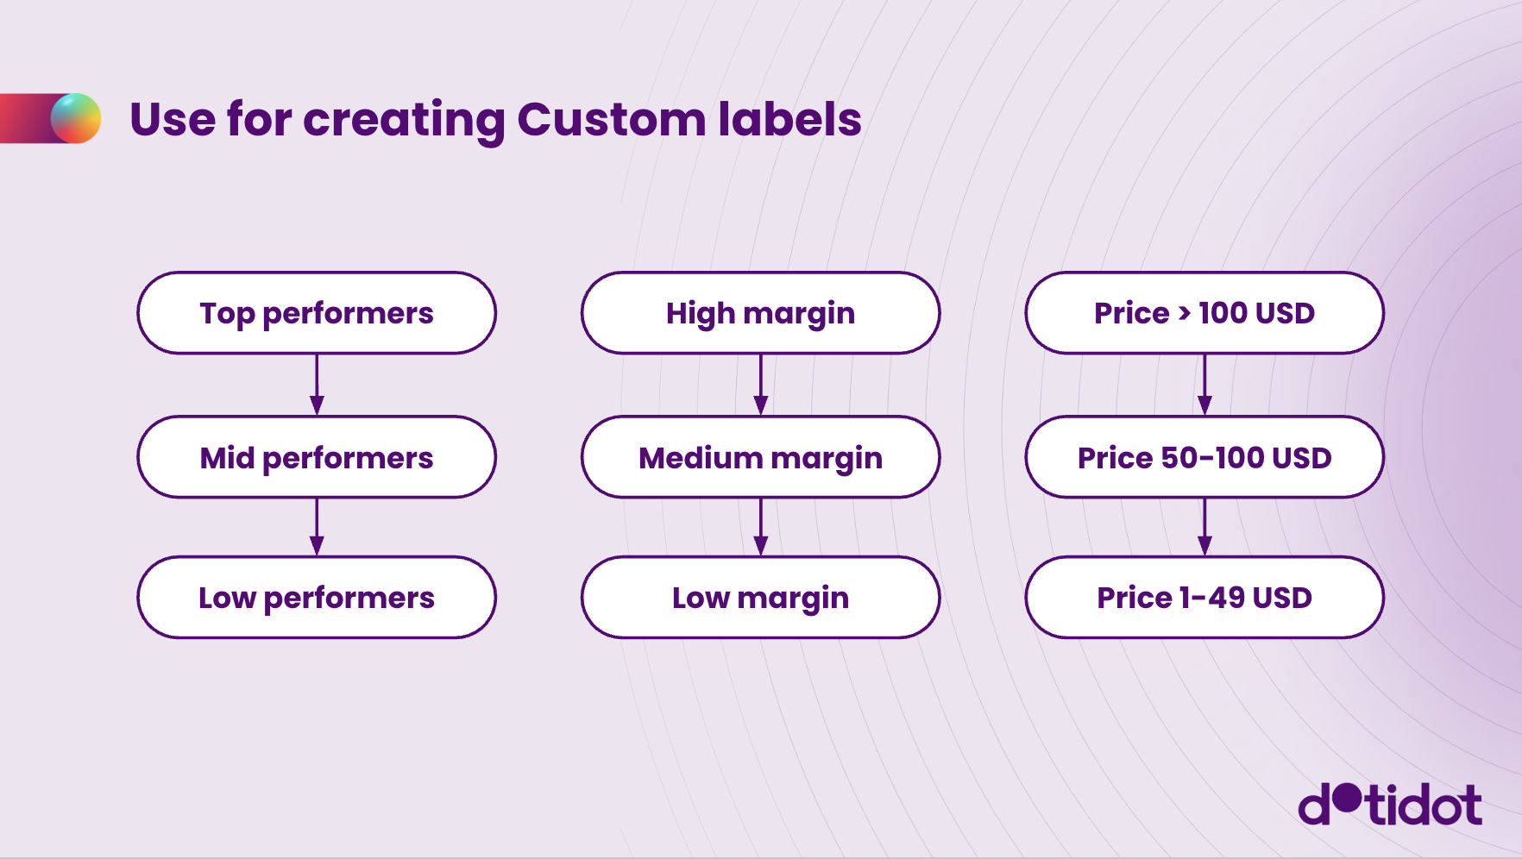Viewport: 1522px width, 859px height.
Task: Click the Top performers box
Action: tap(317, 313)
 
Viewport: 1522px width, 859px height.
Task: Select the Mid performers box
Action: tap(317, 457)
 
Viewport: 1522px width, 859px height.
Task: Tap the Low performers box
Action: tap(317, 597)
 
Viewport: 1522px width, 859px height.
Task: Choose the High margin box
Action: tap(760, 313)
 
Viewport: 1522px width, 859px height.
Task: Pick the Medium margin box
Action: tap(760, 457)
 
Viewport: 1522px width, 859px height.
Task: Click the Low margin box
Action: tap(760, 597)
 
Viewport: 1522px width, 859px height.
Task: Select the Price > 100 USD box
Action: tap(1204, 313)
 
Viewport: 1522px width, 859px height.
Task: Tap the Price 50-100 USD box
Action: tap(1204, 457)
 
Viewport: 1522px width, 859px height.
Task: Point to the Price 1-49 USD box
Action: tap(1204, 597)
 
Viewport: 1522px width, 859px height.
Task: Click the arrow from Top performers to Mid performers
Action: tap(317, 385)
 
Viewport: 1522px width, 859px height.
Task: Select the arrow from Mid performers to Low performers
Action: tap(317, 527)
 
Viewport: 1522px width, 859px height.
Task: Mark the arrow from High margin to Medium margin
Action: tap(760, 385)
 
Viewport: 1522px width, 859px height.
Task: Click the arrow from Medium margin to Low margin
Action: tap(760, 527)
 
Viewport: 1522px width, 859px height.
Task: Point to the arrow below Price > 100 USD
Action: tap(1204, 385)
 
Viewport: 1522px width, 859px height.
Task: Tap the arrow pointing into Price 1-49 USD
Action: tap(1204, 527)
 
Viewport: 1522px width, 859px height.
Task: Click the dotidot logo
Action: tap(1390, 804)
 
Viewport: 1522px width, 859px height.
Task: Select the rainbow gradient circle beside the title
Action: tap(76, 118)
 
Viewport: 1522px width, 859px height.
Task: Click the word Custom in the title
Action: tap(611, 119)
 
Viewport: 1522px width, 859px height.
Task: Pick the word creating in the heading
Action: tap(404, 121)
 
